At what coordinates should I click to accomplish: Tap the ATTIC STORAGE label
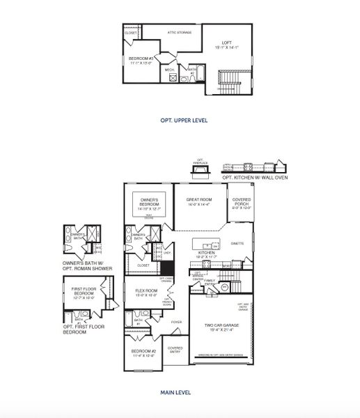point(180,32)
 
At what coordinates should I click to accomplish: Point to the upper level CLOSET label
point(131,33)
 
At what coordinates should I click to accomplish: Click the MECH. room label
point(170,70)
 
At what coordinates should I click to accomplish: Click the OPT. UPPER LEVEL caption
point(180,120)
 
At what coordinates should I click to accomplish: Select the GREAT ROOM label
point(200,201)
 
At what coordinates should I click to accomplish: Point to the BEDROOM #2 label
point(143,353)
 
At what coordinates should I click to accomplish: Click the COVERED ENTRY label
point(175,349)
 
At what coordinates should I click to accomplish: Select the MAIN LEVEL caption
point(180,394)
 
